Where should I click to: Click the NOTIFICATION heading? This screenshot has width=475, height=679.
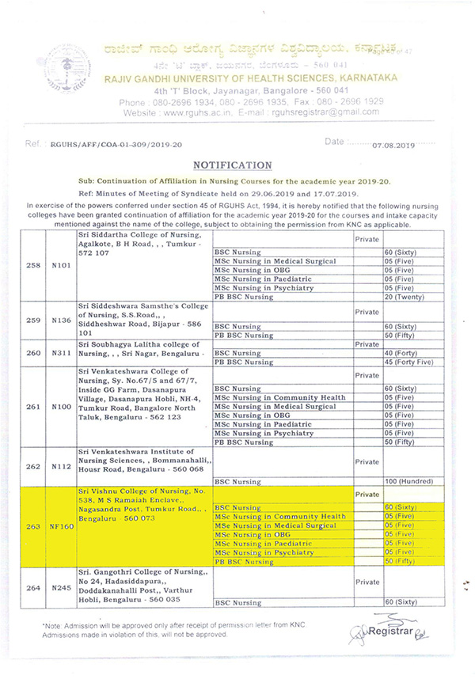tap(233, 165)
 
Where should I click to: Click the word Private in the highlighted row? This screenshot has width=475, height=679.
tap(367, 495)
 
